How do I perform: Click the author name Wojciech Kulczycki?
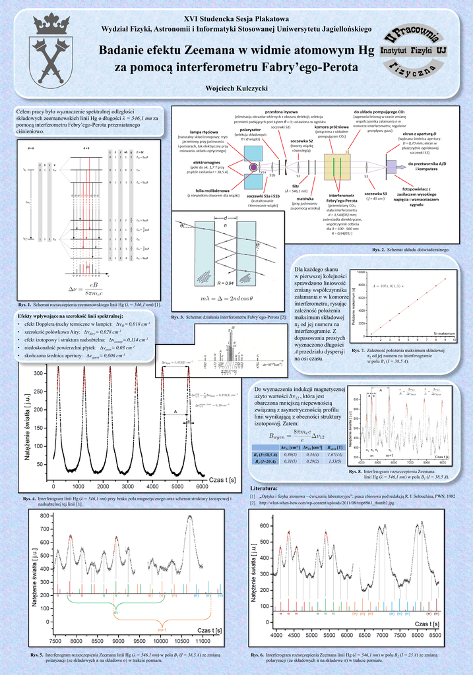(x=236, y=88)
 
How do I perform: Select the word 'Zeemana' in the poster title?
(x=231, y=51)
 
